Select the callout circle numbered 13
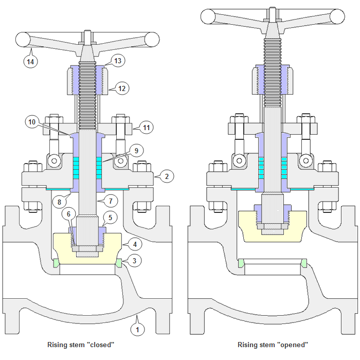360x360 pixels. tap(118, 61)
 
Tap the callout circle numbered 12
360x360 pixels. tap(122, 88)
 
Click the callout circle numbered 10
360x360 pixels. tap(32, 122)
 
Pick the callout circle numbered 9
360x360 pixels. tap(136, 151)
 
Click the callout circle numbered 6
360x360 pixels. tap(69, 213)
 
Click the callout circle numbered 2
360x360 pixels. tap(167, 176)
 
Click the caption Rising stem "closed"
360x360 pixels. tap(80, 345)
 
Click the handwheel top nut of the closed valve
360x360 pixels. tap(86, 37)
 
